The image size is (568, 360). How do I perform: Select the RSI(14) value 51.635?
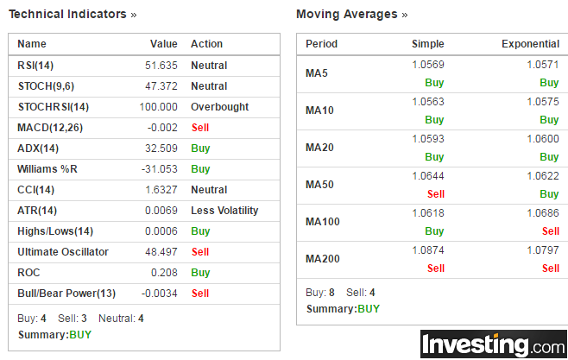(x=161, y=66)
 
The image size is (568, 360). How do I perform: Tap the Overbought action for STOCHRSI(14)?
(x=219, y=107)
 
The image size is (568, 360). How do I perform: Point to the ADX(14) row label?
(x=38, y=148)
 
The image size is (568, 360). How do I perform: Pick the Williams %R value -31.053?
(x=160, y=169)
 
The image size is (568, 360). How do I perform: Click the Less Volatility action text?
(x=224, y=211)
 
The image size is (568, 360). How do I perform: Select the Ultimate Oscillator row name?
(x=63, y=252)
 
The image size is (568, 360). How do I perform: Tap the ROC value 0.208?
(x=164, y=272)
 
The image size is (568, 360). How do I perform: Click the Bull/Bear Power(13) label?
(x=66, y=294)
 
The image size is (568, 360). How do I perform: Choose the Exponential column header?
(x=530, y=44)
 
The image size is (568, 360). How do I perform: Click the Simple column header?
(x=428, y=44)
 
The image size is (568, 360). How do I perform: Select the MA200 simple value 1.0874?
(x=428, y=250)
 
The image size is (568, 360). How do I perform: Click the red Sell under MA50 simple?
(x=436, y=194)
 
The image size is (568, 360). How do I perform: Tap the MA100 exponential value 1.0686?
(x=543, y=213)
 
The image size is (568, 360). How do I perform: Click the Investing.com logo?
(x=494, y=344)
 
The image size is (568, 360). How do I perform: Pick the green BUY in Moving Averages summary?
(x=369, y=309)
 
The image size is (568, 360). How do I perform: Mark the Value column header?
(x=164, y=44)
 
